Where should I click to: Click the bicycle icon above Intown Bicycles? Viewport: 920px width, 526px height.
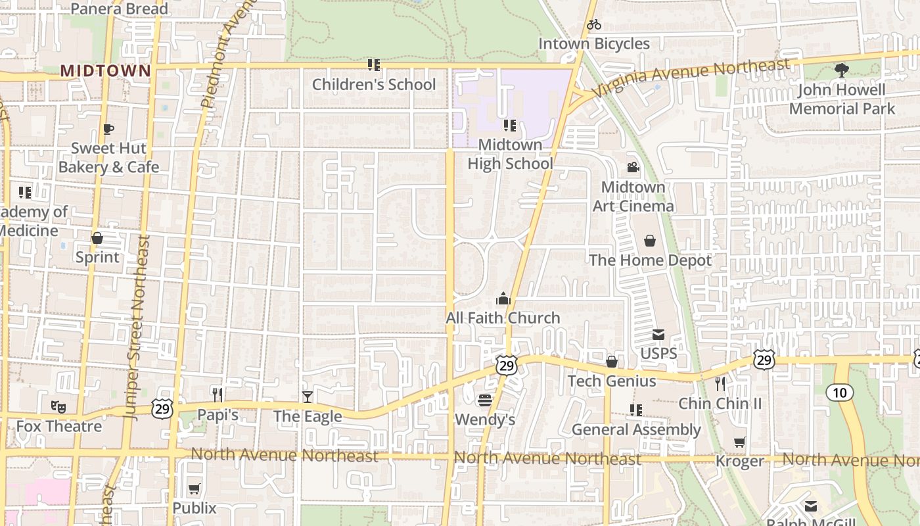[x=594, y=25]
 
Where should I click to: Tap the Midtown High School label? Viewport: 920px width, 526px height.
[x=510, y=154]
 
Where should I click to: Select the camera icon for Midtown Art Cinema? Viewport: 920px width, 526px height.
[x=633, y=168]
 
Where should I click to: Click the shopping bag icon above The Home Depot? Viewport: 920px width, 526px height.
[x=650, y=241]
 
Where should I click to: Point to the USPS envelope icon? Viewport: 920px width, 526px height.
[x=658, y=335]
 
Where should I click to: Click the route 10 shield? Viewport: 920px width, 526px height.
[x=839, y=393]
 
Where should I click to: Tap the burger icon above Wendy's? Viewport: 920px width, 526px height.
[x=485, y=400]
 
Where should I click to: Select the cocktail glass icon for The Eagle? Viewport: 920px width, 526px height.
[x=307, y=396]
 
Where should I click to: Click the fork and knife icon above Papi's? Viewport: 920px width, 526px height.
[x=218, y=394]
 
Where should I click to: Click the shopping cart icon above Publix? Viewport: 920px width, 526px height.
[x=194, y=489]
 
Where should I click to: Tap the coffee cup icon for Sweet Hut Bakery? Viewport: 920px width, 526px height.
[x=108, y=129]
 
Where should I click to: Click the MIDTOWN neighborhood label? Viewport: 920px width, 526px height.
[x=105, y=70]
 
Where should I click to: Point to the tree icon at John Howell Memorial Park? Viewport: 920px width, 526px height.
[x=841, y=70]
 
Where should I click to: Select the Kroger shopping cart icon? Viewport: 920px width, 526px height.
[x=740, y=442]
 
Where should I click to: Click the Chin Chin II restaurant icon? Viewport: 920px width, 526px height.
[x=720, y=383]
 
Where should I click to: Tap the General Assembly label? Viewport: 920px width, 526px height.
[x=636, y=430]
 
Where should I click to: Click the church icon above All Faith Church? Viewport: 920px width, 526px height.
[x=503, y=299]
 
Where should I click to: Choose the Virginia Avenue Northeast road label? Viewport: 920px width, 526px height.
[x=690, y=77]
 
